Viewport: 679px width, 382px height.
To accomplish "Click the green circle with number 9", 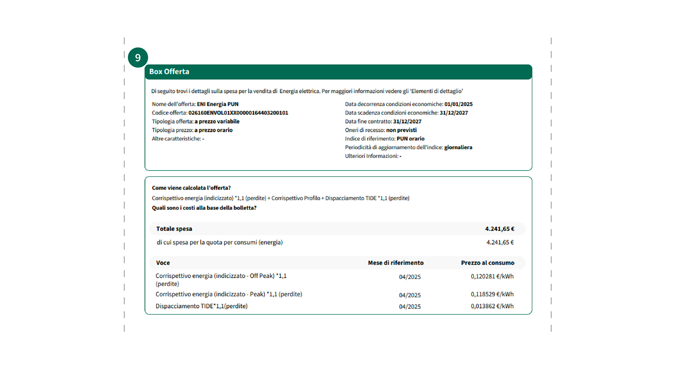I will click(x=138, y=58).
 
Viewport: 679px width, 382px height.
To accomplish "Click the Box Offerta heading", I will click(x=169, y=72).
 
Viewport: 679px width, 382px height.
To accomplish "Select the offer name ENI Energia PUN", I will click(x=217, y=104).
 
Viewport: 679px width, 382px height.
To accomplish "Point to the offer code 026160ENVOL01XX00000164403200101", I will click(x=238, y=113).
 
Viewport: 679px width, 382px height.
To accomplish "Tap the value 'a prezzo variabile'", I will click(x=217, y=122).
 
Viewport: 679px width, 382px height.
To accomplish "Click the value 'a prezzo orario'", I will click(x=213, y=130).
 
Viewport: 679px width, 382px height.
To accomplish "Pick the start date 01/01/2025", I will click(x=458, y=104).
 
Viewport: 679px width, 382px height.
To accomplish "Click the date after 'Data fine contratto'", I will click(x=407, y=122).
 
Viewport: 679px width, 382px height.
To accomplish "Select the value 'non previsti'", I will click(x=401, y=130).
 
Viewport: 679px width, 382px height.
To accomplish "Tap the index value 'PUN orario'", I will click(x=410, y=139).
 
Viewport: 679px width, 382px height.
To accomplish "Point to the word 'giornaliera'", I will click(x=458, y=147).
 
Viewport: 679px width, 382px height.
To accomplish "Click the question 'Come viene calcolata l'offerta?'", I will click(x=191, y=188).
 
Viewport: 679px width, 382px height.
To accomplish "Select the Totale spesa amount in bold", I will click(x=499, y=229).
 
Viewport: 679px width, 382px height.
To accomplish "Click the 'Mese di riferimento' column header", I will click(x=395, y=263).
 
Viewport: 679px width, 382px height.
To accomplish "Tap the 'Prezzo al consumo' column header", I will click(x=487, y=263).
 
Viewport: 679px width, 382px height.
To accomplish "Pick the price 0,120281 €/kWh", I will click(x=492, y=277).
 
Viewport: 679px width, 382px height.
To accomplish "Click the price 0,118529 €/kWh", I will click(x=492, y=294).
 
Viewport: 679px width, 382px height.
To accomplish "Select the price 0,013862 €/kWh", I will click(x=492, y=306).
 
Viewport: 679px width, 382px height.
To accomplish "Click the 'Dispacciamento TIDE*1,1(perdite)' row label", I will click(x=201, y=306).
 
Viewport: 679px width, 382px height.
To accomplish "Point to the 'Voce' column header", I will click(x=163, y=263).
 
